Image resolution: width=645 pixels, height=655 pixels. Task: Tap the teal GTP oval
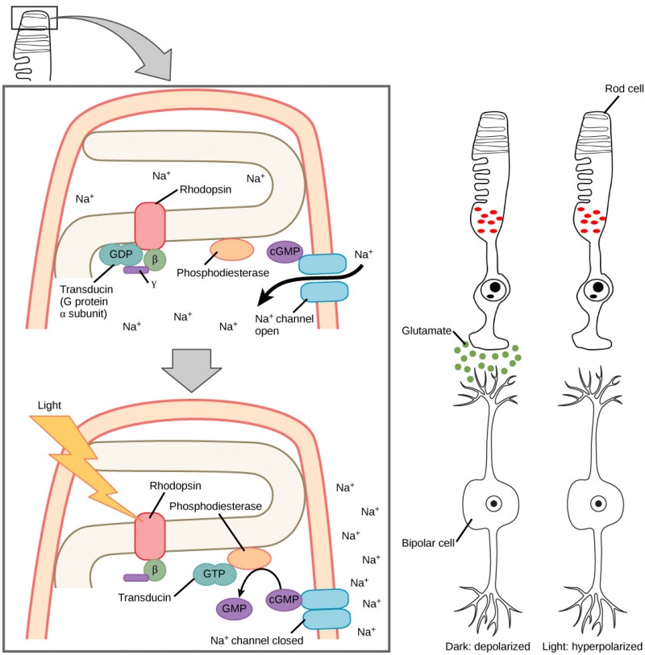[x=214, y=574]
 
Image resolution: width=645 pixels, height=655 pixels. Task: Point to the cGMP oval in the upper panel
[x=284, y=251]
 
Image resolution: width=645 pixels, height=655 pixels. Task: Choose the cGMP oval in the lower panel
[x=284, y=600]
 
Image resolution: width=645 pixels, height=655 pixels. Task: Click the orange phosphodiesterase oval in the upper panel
[x=231, y=250]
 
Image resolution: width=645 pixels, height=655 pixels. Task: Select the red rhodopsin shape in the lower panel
[x=150, y=533]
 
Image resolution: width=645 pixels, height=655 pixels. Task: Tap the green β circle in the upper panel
[x=155, y=259]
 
